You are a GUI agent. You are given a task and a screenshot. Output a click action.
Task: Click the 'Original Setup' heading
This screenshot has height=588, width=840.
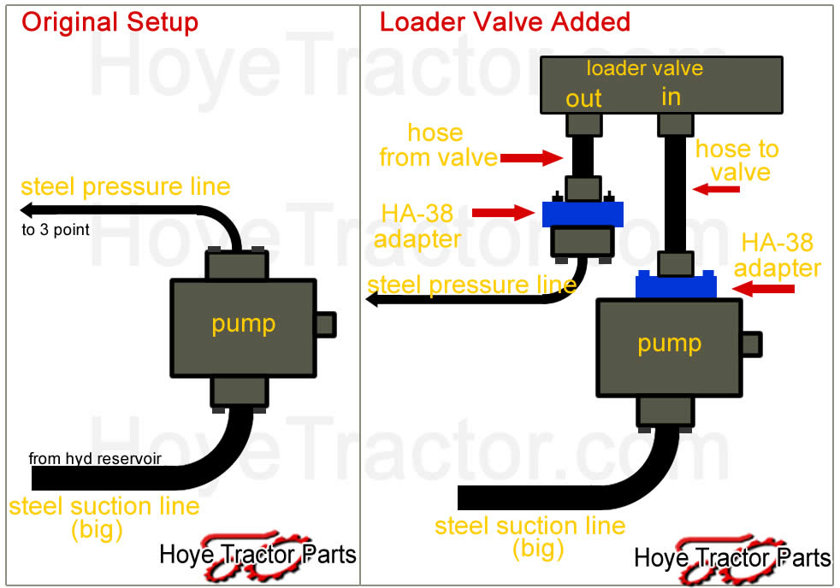click(x=109, y=22)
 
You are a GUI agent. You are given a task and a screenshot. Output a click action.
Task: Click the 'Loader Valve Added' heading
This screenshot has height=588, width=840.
click(x=505, y=22)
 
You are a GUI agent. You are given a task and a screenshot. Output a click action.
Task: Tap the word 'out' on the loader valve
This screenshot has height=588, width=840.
click(x=583, y=99)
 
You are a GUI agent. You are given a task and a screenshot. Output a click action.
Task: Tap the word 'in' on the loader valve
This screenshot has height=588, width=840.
click(x=671, y=97)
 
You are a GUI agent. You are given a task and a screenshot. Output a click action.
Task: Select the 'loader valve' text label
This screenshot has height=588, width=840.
click(x=644, y=68)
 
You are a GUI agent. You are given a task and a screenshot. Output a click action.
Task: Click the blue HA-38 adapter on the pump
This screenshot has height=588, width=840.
click(x=676, y=285)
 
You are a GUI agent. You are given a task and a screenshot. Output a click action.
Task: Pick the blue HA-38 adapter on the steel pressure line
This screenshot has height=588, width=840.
click(x=583, y=212)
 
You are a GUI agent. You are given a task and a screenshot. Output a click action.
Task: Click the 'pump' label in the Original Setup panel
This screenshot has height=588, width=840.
click(x=244, y=325)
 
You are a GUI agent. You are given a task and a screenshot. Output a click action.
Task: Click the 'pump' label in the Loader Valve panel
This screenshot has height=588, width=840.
click(x=669, y=344)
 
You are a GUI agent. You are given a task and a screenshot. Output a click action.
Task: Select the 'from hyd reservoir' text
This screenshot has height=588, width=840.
click(x=95, y=459)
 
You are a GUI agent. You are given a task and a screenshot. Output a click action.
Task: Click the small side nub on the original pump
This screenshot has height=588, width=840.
click(x=326, y=325)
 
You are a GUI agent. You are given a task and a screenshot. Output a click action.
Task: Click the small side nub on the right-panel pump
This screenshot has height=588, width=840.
click(x=750, y=344)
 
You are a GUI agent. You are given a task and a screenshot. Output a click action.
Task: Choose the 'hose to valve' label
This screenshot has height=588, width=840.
click(x=736, y=161)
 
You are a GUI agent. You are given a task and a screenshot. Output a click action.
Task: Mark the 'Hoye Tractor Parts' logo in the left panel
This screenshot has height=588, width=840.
click(x=257, y=555)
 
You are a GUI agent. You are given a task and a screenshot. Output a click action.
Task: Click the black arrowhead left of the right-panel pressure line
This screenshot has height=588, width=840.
click(x=374, y=299)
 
